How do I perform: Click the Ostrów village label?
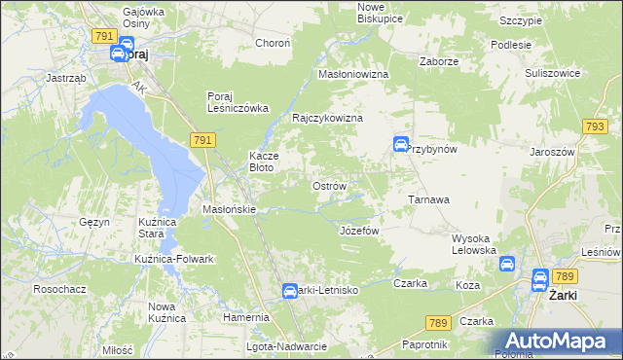328,185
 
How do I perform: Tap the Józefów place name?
358,231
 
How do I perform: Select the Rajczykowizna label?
328,118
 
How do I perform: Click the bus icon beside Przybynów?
400,145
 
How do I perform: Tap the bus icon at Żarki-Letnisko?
290,291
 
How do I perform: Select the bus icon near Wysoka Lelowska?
507,264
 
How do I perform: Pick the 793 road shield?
596,126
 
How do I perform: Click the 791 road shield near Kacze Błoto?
202,141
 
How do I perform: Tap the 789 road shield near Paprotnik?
438,323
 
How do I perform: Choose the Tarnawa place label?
427,199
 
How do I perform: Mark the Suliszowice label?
552,73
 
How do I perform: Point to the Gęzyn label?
94,222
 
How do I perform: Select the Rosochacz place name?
56,289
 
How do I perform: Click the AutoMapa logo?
558,341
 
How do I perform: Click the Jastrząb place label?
67,78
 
